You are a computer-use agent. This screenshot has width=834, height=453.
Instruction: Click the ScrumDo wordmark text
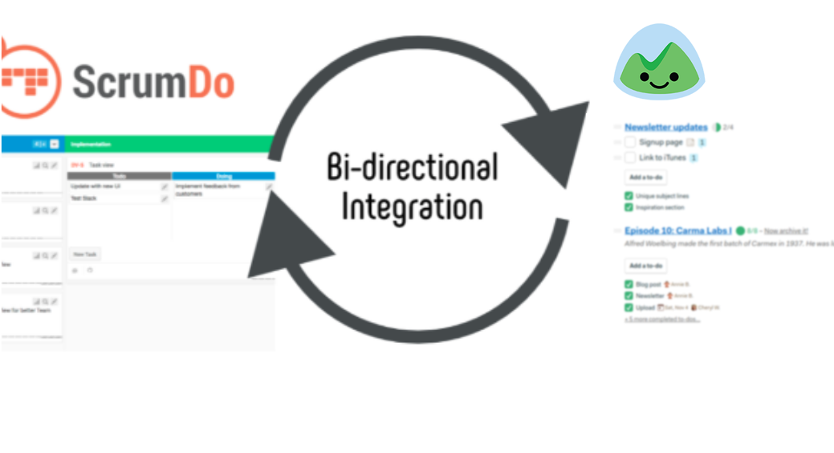pos(153,82)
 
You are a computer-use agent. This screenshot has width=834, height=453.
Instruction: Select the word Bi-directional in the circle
pos(413,168)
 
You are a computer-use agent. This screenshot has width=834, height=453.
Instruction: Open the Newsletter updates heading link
pos(665,127)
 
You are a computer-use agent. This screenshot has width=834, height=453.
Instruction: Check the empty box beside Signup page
pos(629,142)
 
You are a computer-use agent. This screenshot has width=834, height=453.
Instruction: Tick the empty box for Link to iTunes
pos(629,158)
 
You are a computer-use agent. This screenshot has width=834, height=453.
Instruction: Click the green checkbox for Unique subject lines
pos(629,196)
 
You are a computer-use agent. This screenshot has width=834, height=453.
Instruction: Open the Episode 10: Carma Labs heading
pos(677,231)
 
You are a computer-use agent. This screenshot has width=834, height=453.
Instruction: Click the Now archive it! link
pos(787,231)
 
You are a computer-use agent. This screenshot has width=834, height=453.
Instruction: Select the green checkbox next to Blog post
pos(629,284)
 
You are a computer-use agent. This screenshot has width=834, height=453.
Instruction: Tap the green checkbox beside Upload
pos(629,308)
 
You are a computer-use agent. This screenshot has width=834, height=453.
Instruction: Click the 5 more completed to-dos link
pos(662,319)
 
